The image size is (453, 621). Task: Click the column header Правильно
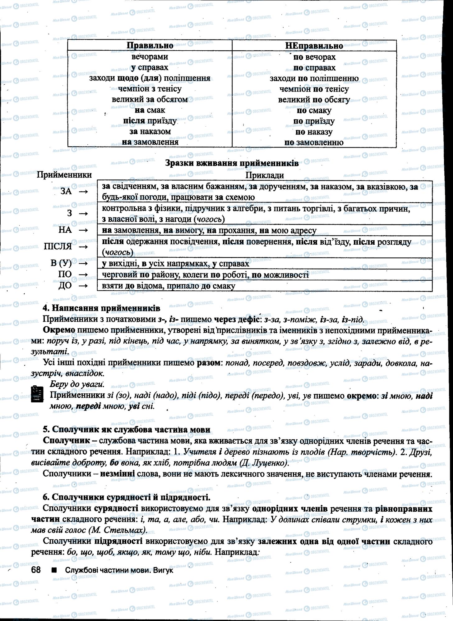tap(150, 45)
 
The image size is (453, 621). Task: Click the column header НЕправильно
tap(314, 46)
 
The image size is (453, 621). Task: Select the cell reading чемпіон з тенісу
tap(150, 89)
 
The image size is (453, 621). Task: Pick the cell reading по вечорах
tap(314, 57)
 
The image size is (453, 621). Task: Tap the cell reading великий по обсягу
tap(314, 100)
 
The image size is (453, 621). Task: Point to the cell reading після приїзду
tap(150, 121)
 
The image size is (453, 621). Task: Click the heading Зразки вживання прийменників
tap(232, 163)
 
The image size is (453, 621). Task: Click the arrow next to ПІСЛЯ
tap(83, 247)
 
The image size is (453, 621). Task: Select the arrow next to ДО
tap(83, 286)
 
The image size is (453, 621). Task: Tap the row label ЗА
tap(66, 192)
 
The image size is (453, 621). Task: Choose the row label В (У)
tap(61, 263)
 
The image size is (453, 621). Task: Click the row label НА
tap(65, 230)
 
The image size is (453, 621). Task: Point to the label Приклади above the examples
tap(265, 175)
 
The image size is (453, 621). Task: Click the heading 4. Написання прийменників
tap(101, 308)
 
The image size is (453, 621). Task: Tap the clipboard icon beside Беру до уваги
tap(37, 394)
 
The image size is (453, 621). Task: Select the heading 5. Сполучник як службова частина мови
tap(127, 429)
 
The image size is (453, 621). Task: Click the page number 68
tap(36, 570)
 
